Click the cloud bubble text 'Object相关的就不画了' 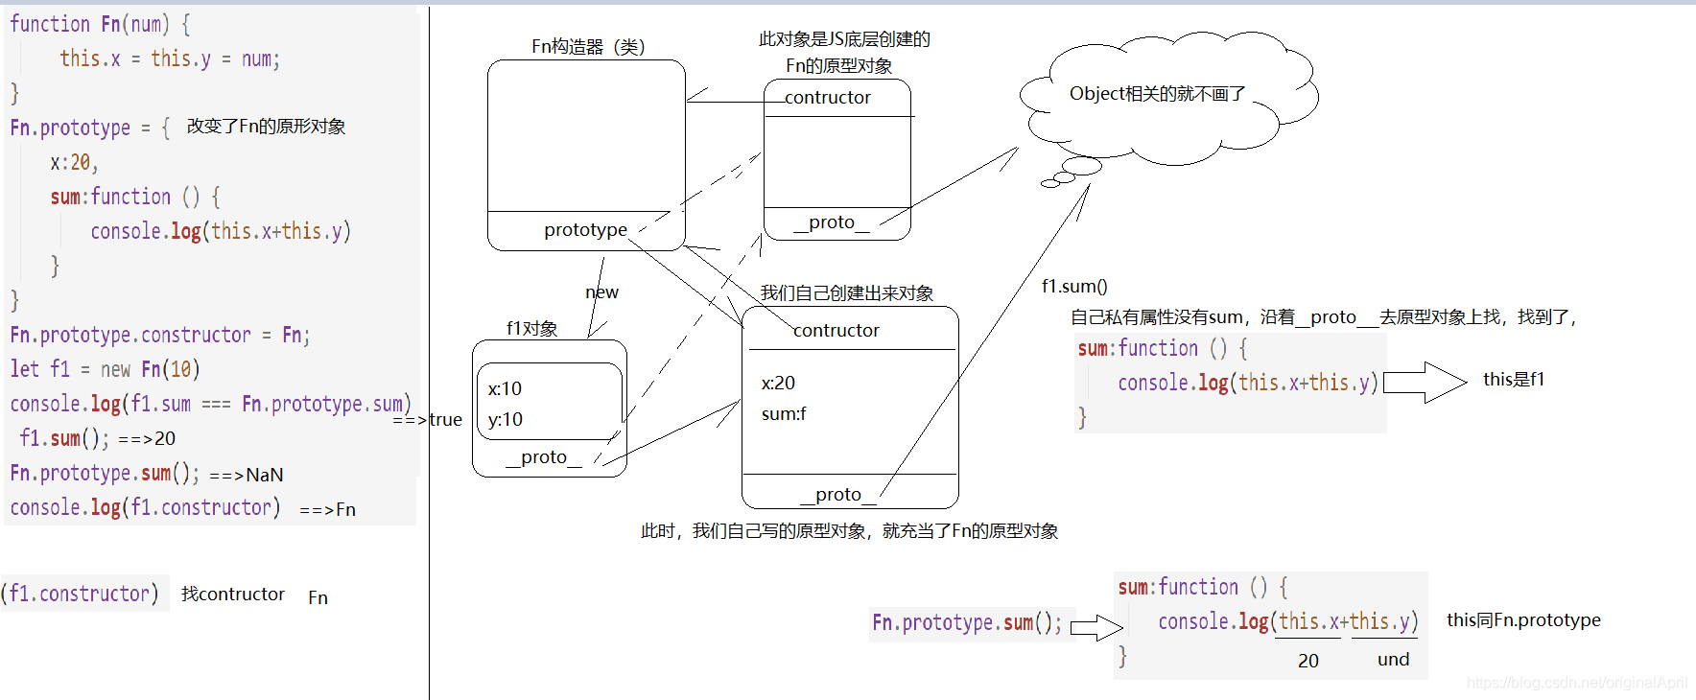1157,94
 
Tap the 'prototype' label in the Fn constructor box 585,230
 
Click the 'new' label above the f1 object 601,292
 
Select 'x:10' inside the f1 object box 505,388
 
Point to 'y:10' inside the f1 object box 505,419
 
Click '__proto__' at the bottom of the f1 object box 544,457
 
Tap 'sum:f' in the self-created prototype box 784,414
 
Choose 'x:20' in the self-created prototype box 778,383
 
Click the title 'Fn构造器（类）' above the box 588,46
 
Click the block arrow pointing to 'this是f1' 1425,383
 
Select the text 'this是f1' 1513,380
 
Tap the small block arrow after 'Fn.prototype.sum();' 1095,628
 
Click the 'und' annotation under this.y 1393,660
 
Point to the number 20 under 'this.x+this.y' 1307,661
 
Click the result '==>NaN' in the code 247,475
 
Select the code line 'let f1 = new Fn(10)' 105,369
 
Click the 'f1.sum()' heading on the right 1074,286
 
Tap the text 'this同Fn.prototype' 1522,620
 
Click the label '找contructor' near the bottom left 233,595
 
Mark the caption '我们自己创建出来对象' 846,293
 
